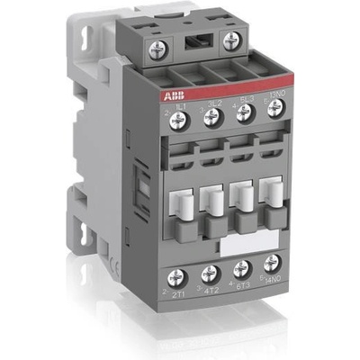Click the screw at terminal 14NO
[270, 265]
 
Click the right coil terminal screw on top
[232, 41]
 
